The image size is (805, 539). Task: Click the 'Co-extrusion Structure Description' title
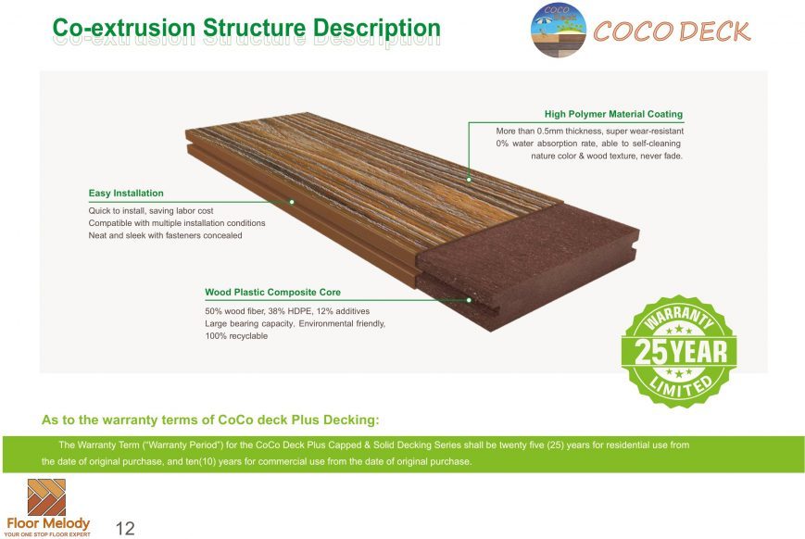(x=246, y=28)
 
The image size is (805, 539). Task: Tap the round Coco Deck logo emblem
(x=559, y=30)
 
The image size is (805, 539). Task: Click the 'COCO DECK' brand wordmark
(x=672, y=31)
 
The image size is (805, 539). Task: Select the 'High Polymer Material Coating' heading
(x=613, y=114)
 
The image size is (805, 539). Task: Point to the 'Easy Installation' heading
(x=126, y=193)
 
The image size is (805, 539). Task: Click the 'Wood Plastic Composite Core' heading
(x=272, y=292)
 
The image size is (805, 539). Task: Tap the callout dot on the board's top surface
(x=469, y=180)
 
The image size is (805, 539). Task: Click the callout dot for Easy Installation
(x=292, y=202)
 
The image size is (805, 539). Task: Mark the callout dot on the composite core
(x=469, y=300)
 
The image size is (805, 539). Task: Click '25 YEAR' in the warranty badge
(x=681, y=352)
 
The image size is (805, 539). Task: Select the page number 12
(x=125, y=528)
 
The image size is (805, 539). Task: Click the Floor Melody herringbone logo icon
(x=46, y=497)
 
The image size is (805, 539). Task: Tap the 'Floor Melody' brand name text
(x=48, y=523)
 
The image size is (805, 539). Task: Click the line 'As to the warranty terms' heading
(x=210, y=420)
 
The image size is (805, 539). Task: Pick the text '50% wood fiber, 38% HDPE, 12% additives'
(x=287, y=311)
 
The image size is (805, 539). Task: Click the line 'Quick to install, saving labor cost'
(x=150, y=210)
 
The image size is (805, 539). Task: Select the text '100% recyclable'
(x=236, y=336)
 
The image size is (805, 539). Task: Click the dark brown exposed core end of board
(x=529, y=262)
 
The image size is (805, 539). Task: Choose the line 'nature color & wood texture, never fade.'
(x=607, y=156)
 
